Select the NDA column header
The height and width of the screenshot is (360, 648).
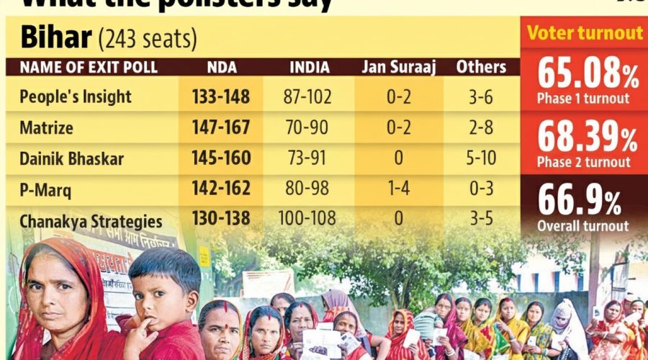pyautogui.click(x=220, y=68)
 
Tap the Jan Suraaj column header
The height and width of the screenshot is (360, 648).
pyautogui.click(x=398, y=68)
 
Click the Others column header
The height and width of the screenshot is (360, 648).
pyautogui.click(x=481, y=68)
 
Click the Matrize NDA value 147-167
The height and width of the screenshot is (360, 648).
pyautogui.click(x=221, y=127)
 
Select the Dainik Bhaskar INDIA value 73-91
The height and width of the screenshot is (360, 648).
pyautogui.click(x=310, y=158)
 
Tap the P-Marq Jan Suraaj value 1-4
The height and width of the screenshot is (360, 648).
pyautogui.click(x=398, y=189)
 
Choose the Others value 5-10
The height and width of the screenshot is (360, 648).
pyautogui.click(x=481, y=158)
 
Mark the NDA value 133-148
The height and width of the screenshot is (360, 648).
pyautogui.click(x=221, y=96)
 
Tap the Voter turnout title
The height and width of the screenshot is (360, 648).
pyautogui.click(x=585, y=33)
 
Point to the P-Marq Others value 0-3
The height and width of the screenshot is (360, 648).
pyautogui.click(x=481, y=189)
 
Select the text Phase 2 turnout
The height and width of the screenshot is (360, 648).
pyautogui.click(x=583, y=162)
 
